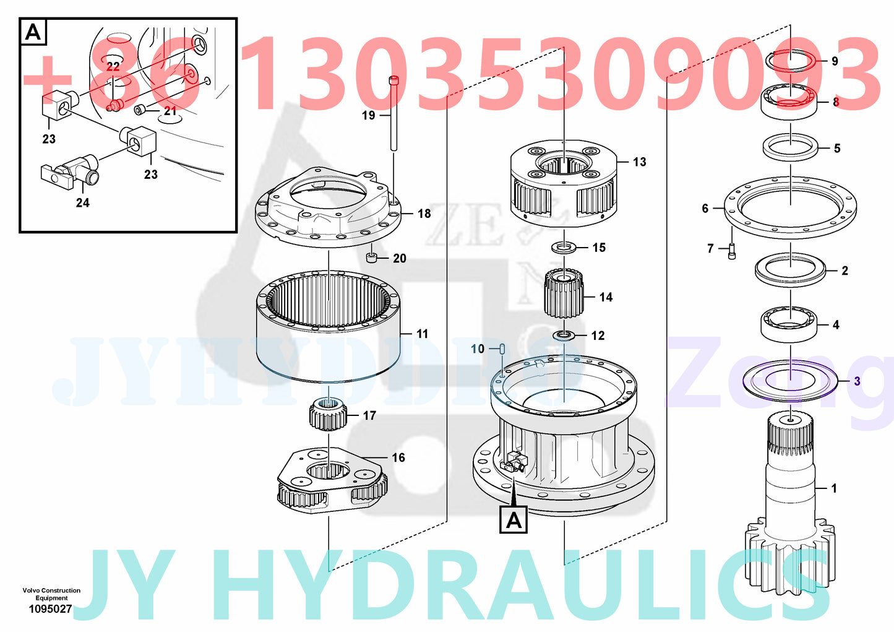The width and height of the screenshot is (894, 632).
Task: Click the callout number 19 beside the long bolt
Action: point(368,115)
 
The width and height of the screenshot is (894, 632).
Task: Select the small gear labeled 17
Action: point(326,414)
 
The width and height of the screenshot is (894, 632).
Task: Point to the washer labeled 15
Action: point(564,248)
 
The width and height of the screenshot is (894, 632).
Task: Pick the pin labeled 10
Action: point(503,349)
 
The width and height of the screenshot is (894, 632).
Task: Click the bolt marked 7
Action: point(789,101)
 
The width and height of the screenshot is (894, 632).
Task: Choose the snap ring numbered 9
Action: point(789,324)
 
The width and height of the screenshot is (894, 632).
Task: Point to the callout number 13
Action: point(639,162)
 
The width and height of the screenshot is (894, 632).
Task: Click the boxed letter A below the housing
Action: point(514,521)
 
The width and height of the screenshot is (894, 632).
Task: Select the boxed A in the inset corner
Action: point(33,32)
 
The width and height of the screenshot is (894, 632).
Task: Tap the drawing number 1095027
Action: point(50,609)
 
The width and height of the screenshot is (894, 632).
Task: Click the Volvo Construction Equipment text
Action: point(51,594)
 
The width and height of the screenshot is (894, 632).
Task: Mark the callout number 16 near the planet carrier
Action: point(398,457)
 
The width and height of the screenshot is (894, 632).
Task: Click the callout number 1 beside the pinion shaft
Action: point(833,488)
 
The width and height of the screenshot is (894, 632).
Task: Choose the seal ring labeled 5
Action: point(791,148)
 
